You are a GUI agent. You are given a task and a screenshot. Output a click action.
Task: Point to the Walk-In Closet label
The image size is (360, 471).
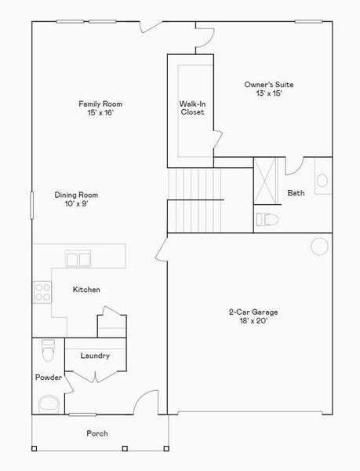192,108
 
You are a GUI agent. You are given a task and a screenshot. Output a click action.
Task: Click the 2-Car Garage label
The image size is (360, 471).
253,312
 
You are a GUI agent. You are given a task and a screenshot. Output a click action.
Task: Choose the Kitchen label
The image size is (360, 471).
86,290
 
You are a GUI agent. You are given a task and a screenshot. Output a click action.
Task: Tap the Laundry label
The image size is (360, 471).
95,356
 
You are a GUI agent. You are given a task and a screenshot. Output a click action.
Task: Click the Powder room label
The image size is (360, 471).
48,378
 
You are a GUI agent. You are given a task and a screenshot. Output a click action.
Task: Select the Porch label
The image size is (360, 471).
97,433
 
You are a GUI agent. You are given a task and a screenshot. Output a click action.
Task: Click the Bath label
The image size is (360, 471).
296,193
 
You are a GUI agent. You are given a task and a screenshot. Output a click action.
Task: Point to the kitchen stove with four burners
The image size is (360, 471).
42,293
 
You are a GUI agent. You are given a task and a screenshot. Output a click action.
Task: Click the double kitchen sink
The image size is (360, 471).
78,258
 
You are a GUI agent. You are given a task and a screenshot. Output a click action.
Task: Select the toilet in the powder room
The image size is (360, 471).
48,350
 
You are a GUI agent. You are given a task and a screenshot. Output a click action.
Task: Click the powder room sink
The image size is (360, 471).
49,403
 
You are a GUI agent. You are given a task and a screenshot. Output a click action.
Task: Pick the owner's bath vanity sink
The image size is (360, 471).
322,181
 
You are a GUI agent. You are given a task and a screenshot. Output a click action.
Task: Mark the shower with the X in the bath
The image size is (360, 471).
266,183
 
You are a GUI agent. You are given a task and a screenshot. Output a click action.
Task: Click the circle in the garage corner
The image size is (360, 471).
319,245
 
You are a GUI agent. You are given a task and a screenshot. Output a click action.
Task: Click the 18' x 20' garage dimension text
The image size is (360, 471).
253,321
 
